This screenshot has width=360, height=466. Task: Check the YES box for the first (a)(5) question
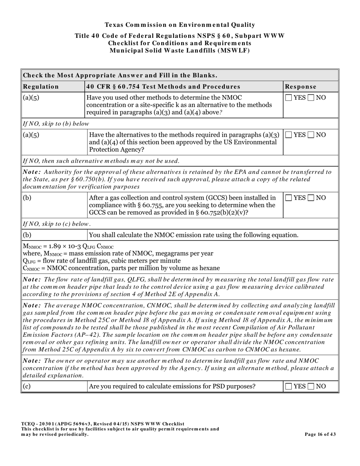click(289, 98)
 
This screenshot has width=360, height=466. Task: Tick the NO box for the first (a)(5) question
click(311, 98)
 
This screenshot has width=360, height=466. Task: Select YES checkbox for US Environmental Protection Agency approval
click(289, 135)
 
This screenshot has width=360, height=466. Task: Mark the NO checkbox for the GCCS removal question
click(311, 198)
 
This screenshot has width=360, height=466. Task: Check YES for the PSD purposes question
click(289, 386)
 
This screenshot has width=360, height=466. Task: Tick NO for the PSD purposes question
click(311, 386)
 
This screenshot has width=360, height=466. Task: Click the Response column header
click(301, 86)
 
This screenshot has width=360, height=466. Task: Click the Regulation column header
click(41, 86)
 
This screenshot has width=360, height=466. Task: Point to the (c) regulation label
click(27, 386)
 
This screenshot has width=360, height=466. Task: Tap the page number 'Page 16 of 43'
click(320, 435)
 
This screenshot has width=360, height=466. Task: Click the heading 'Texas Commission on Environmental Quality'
click(180, 25)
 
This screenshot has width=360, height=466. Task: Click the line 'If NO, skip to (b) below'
click(56, 124)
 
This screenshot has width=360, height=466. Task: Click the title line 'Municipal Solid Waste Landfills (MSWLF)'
click(180, 50)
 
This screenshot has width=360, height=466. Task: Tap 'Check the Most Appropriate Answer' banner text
click(120, 75)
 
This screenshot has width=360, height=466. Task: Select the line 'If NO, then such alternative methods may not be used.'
click(101, 161)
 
